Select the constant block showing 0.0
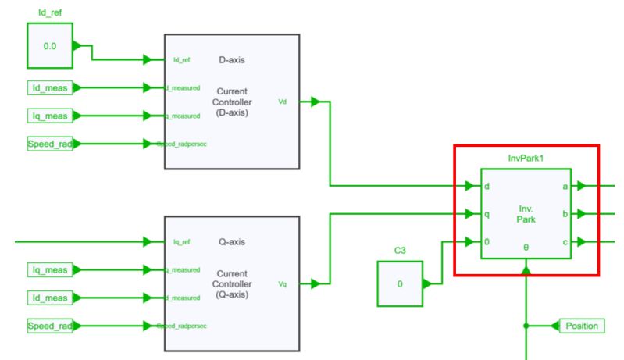(x=49, y=46)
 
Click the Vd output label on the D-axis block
(x=283, y=102)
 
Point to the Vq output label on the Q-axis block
(x=283, y=284)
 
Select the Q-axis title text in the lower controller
(x=231, y=241)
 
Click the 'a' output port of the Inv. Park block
(x=565, y=187)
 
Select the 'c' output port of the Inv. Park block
(x=565, y=242)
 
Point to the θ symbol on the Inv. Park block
(x=526, y=246)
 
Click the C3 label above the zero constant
(x=401, y=251)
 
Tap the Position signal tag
(x=579, y=325)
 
